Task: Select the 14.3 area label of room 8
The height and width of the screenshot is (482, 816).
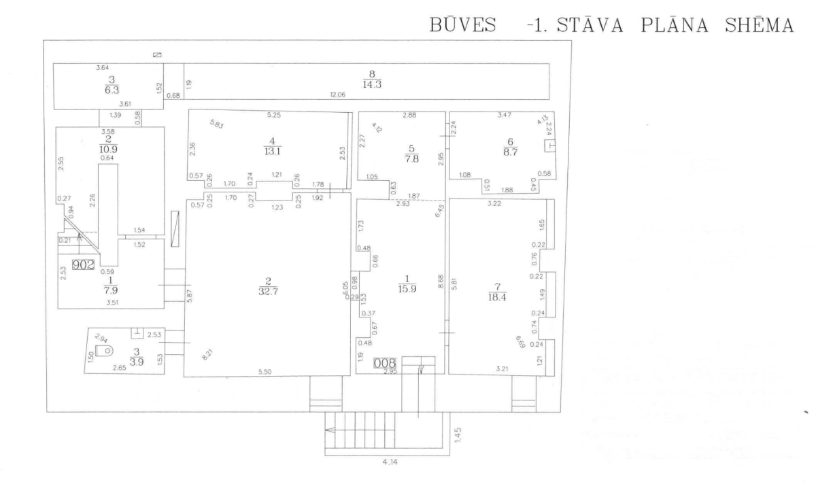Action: [372, 84]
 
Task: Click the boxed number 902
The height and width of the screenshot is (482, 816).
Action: [83, 264]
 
